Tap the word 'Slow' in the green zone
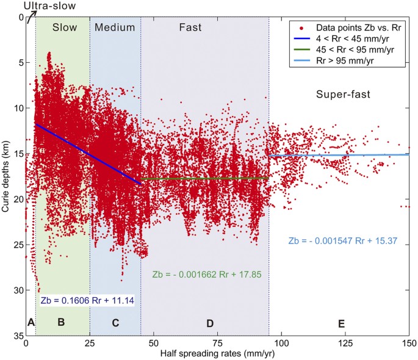click(x=64, y=27)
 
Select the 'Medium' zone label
click(x=115, y=27)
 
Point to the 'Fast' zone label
click(x=190, y=27)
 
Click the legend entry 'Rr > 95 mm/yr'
click(x=351, y=63)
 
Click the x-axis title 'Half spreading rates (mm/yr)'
click(x=217, y=353)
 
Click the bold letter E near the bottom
click(x=341, y=323)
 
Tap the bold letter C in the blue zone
click(x=115, y=323)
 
